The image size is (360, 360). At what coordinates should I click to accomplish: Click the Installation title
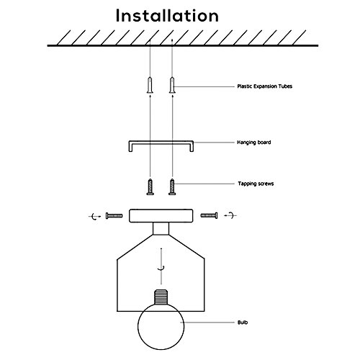click(167, 16)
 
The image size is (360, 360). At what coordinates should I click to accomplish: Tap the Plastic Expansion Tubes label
click(265, 86)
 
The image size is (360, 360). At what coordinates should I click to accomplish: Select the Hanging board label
click(254, 143)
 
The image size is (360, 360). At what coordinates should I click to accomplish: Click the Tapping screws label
click(256, 184)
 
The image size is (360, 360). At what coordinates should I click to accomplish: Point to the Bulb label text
click(243, 323)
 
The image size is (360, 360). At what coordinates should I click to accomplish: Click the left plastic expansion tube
click(150, 85)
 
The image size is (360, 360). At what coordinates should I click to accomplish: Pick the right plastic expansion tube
click(172, 85)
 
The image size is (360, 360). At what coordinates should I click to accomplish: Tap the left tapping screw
click(150, 186)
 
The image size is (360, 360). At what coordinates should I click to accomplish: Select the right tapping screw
click(172, 186)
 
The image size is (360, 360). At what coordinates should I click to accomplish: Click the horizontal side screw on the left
click(114, 216)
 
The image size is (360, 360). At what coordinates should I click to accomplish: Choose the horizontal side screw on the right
click(210, 215)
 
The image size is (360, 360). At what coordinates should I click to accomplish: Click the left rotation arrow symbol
click(95, 217)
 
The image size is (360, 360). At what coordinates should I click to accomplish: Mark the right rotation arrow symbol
click(230, 215)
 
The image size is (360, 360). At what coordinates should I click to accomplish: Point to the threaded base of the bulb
click(161, 297)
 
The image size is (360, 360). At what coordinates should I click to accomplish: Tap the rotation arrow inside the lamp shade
click(161, 266)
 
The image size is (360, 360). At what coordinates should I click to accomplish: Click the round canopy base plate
click(161, 216)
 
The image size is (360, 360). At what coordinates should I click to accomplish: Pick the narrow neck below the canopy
click(161, 228)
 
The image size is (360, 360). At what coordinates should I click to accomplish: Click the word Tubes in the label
click(286, 86)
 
